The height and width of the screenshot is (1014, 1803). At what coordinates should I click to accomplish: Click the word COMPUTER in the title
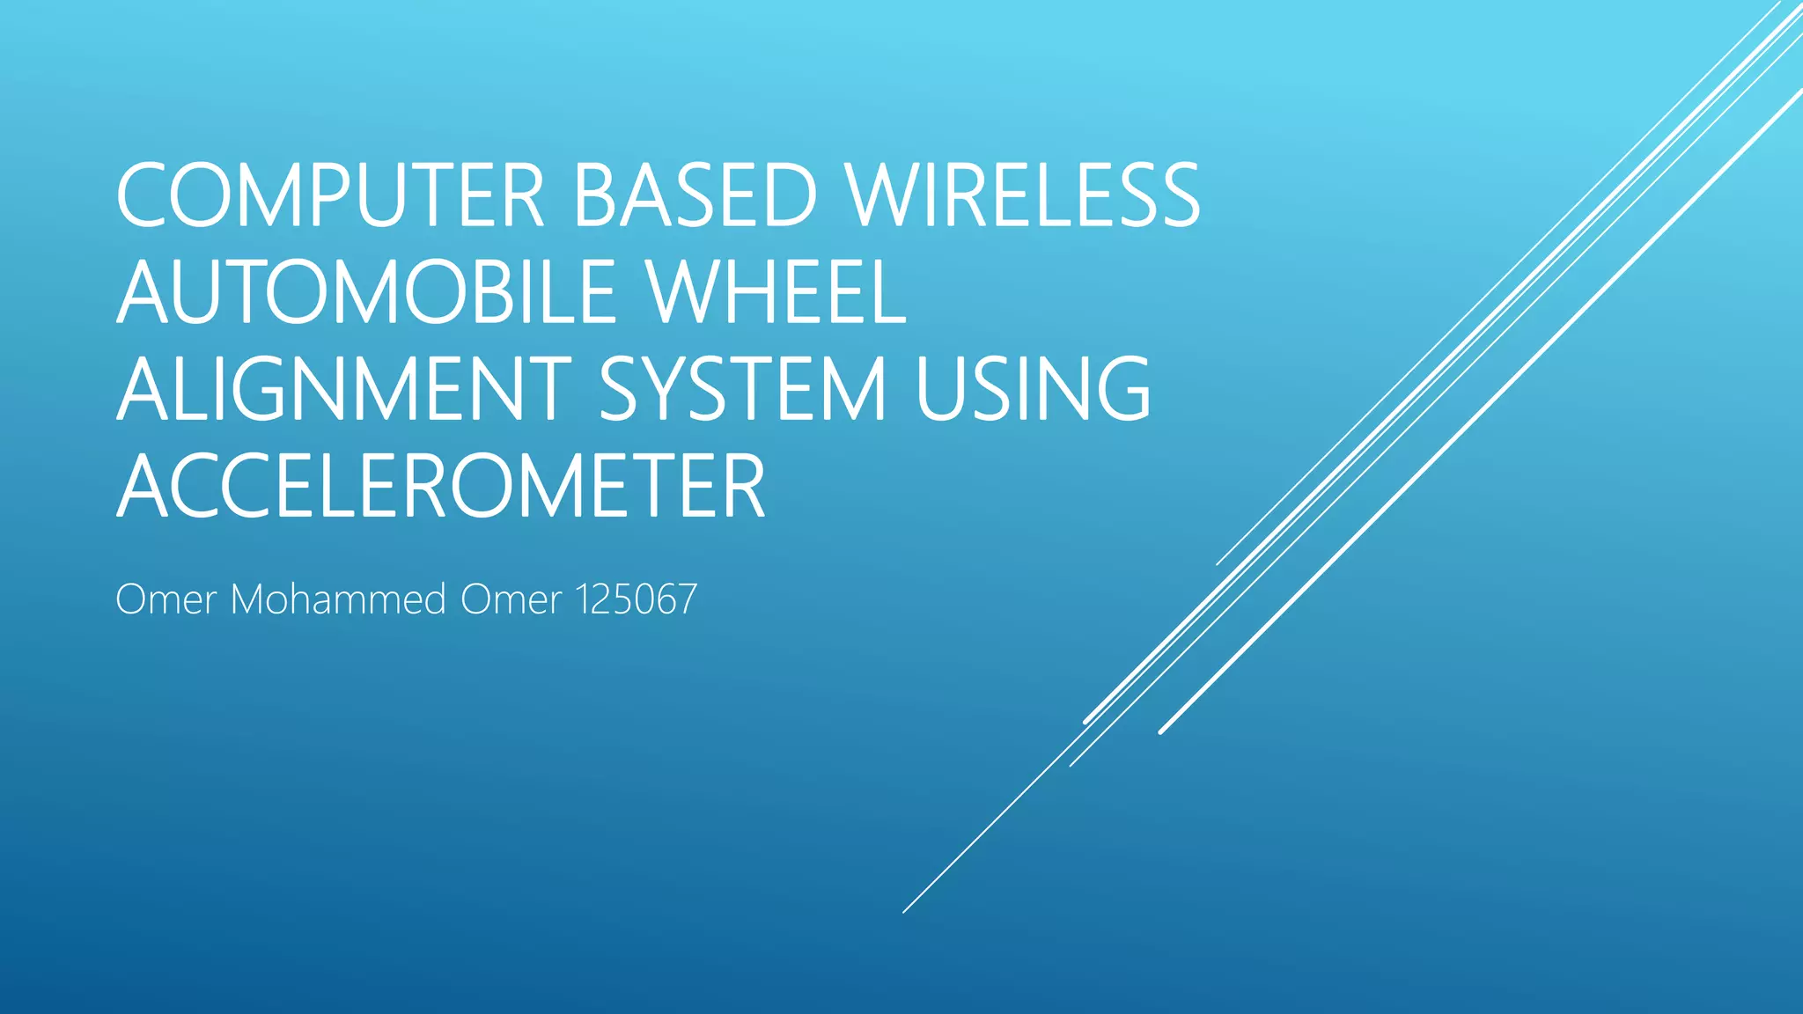(x=330, y=195)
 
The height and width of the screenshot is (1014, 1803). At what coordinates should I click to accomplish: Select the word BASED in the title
(x=695, y=195)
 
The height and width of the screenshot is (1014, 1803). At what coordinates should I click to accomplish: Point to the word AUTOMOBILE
(x=366, y=292)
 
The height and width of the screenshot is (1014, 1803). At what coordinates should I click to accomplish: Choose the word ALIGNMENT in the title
(x=344, y=389)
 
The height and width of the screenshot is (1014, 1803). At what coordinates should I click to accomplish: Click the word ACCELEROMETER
(x=440, y=486)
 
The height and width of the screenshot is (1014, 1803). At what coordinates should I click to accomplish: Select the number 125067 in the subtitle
(x=636, y=599)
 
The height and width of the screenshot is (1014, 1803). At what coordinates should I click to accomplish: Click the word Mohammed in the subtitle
(x=338, y=599)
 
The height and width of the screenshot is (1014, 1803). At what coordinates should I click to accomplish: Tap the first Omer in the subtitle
(x=166, y=599)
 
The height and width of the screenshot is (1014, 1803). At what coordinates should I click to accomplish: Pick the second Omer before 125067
(x=511, y=599)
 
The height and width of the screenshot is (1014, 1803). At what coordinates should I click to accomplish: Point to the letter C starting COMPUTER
(x=147, y=195)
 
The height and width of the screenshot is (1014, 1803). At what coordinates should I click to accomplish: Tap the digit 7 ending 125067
(x=686, y=599)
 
